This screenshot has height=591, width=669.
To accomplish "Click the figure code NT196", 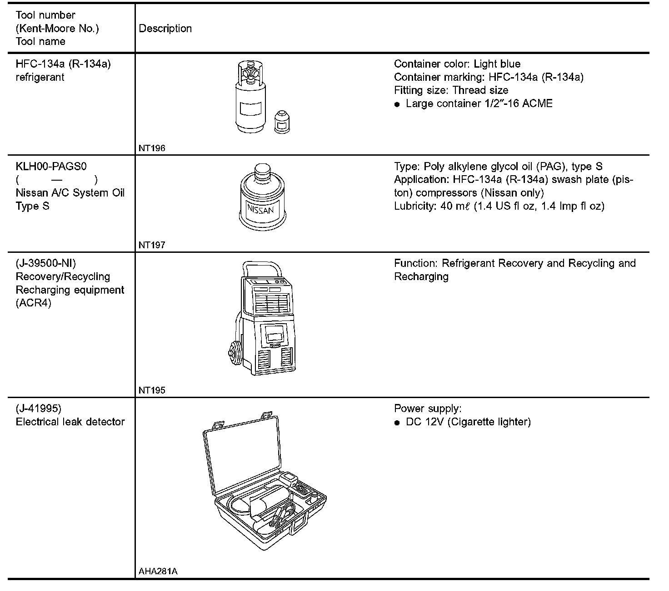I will pos(152,148).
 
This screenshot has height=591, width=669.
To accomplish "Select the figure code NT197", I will pos(152,245).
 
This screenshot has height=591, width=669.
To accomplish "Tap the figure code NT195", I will pos(152,390).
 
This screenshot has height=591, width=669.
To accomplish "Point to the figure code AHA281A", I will pos(158,571).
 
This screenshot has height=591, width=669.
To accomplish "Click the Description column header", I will pos(165,29).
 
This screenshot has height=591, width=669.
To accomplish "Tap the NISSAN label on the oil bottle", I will pos(260,210).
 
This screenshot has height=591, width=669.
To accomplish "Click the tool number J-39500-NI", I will pos(45,263).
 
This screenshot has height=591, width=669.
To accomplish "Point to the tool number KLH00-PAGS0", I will pos(51,167).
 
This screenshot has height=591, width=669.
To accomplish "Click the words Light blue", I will pos(497,64).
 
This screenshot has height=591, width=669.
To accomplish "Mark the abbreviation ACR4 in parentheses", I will pos(33,303).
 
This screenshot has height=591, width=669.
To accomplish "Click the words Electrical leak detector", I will pos(70,422).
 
